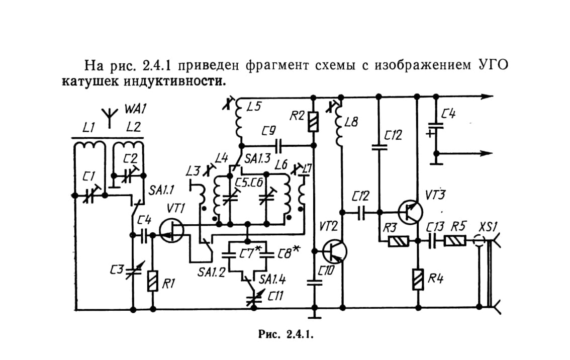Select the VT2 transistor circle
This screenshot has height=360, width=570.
334,251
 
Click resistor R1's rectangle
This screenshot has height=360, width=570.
153,281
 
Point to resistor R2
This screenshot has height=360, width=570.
313,122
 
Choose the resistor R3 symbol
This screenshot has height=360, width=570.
399,241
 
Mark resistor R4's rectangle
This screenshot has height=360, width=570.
418,279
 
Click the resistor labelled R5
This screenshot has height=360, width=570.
455,241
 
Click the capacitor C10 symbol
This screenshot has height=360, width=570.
314,282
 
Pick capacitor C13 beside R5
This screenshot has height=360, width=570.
432,241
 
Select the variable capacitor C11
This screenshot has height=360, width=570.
253,297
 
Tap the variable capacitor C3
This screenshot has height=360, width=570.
133,271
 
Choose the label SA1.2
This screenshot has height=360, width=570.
211,272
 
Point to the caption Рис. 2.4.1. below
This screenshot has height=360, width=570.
286,334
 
